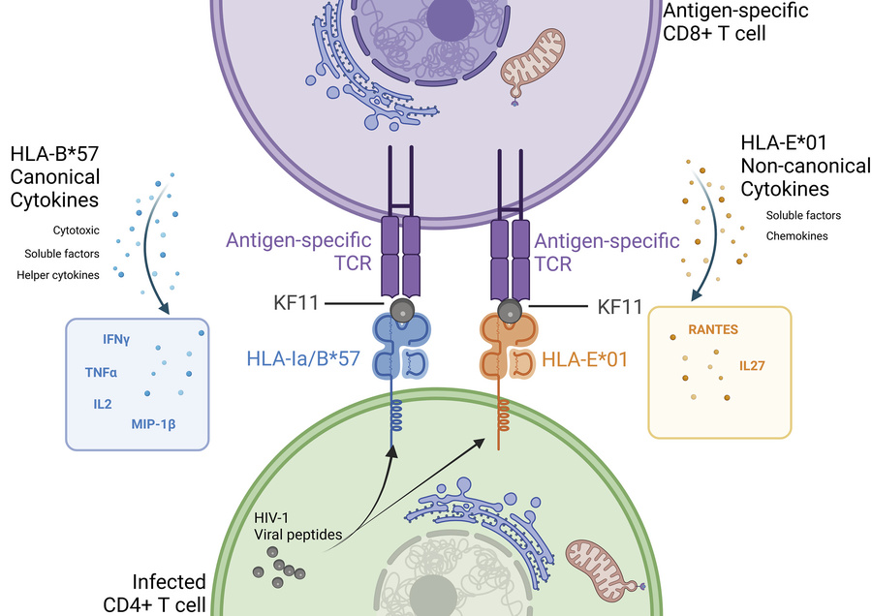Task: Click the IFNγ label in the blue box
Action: [x=116, y=340]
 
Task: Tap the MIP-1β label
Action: [x=159, y=422]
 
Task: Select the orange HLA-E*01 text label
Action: [x=585, y=359]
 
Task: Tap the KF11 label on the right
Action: [x=619, y=307]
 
